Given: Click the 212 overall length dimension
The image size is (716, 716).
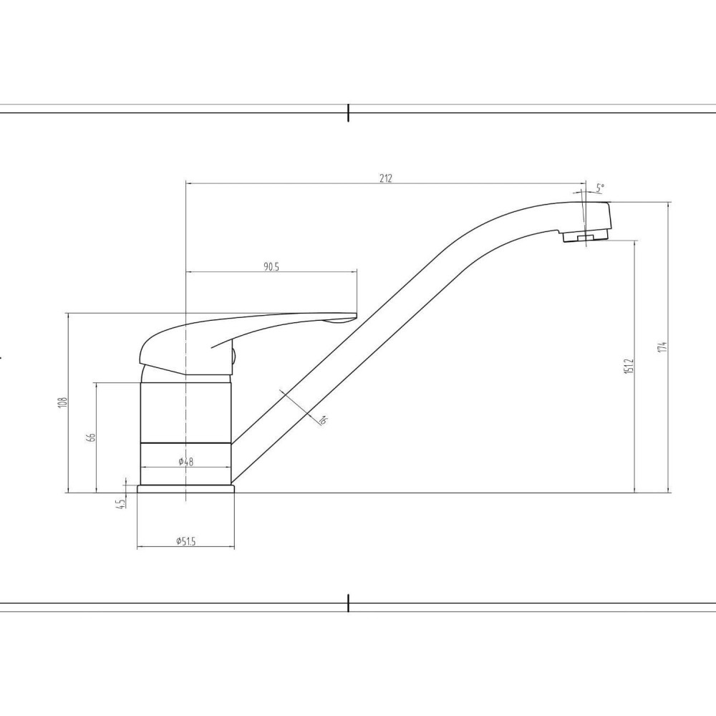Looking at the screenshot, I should point(386,178).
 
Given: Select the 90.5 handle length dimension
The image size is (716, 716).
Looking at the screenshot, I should point(271,267).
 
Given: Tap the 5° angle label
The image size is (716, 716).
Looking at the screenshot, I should point(600,188).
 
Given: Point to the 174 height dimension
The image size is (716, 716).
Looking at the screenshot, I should point(664,347).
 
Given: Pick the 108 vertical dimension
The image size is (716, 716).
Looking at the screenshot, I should point(63,403).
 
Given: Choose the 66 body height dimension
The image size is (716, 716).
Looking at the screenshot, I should point(92,437).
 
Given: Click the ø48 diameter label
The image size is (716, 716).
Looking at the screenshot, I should point(185,462).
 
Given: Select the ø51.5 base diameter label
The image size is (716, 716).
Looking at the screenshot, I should point(185,542).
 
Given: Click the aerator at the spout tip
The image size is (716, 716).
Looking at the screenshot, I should point(581,236).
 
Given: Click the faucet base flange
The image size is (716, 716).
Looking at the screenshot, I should point(185,488).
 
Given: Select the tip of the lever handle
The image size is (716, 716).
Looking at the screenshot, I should point(351,315).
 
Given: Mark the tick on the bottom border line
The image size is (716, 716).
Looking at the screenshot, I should point(348,603).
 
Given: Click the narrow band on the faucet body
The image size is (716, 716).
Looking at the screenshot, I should point(185,444).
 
